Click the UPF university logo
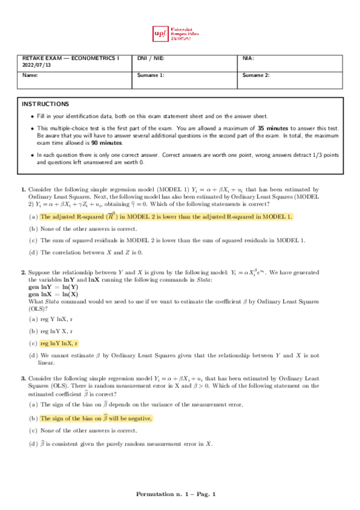point(180,34)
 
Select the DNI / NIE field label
point(150,58)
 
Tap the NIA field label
point(248,58)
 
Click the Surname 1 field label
point(151,75)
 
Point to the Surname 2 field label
point(256,75)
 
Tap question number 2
point(23,272)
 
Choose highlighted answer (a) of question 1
point(157,217)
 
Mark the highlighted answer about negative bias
point(96,418)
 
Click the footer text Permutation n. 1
point(160,494)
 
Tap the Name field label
point(29,75)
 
